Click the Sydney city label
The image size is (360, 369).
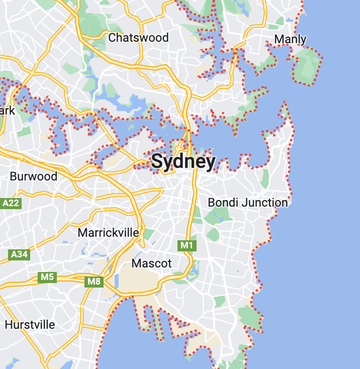pos(183,161)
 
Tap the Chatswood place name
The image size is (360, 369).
pos(138,38)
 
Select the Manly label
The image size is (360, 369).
pos(291,39)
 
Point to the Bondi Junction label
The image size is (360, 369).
pos(248,203)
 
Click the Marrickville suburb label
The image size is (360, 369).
pos(108,233)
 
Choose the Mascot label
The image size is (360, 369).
pos(151,263)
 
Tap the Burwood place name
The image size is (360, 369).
pos(34,176)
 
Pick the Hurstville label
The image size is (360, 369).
pos(30,325)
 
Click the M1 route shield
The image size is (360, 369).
pos(187,245)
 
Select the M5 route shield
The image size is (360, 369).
pos(47,277)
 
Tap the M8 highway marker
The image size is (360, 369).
pos(94,282)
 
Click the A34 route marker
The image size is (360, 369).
pos(19,254)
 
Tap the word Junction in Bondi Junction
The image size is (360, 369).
pos(264,203)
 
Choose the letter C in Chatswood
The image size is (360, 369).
pos(112,38)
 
